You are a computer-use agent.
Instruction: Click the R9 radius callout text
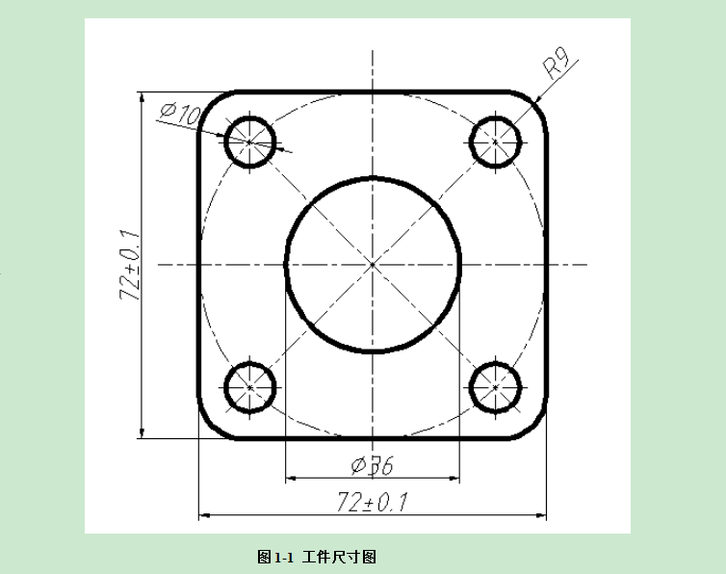(x=557, y=67)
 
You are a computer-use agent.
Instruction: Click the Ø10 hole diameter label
(x=180, y=114)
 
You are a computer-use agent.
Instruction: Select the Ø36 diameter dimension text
(x=373, y=466)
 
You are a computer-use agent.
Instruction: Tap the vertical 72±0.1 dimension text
(x=129, y=266)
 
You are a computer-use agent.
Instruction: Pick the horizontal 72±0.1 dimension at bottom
(x=372, y=502)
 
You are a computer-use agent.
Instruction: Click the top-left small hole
(x=250, y=142)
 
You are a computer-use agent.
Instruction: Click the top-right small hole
(x=496, y=142)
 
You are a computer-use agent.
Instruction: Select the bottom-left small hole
(x=250, y=387)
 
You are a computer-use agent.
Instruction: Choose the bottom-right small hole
(x=496, y=387)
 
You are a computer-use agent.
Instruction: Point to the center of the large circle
(x=373, y=264)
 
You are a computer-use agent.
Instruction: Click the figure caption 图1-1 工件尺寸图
(x=316, y=557)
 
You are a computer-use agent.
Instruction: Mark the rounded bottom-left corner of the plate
(x=209, y=428)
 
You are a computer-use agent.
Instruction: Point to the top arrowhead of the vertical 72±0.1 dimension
(x=143, y=96)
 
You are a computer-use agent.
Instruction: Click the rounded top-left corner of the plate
(x=209, y=102)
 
